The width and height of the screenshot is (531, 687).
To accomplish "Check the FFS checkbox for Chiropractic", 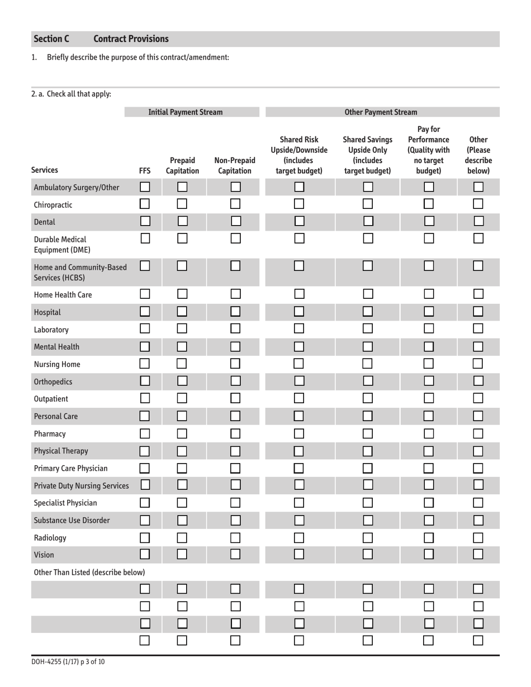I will [x=145, y=204].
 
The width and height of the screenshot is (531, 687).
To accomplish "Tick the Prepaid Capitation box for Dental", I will [x=183, y=222].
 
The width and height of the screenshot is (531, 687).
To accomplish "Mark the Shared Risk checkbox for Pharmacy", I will [x=300, y=433].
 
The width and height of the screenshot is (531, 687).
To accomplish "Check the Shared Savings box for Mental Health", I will [x=368, y=347].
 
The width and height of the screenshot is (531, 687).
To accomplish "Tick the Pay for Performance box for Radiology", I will [x=429, y=538].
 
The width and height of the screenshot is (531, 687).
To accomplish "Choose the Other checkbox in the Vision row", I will [x=478, y=555].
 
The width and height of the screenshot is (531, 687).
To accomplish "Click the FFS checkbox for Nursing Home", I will [x=145, y=364].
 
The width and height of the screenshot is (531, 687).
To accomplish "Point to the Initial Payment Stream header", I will [x=185, y=112].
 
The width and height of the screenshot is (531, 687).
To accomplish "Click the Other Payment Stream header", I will [x=381, y=112].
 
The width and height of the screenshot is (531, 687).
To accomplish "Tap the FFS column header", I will [x=145, y=171].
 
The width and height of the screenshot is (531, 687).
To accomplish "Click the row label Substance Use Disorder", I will [x=72, y=521].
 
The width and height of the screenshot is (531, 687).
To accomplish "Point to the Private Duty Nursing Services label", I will [x=82, y=486].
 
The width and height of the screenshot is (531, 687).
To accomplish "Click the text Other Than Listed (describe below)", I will [x=89, y=572].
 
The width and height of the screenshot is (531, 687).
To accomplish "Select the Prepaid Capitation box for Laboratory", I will [x=183, y=330].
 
